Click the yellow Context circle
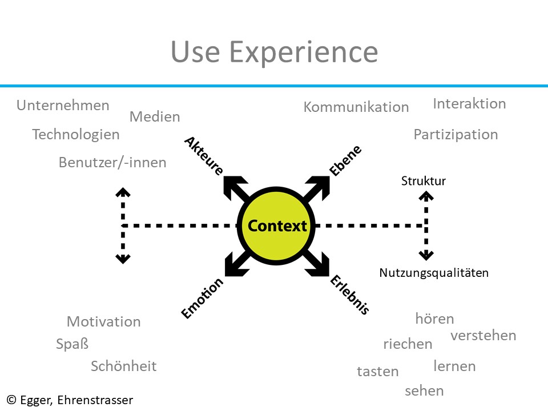coord(276,226)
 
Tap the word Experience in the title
coord(304,52)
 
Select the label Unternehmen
coord(63,105)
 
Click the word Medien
coord(155,116)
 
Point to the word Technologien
coord(76,135)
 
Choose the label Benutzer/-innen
coord(112,163)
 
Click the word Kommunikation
coord(356,107)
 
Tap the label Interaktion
coord(469,103)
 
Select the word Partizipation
coord(456,135)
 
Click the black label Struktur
coord(423,181)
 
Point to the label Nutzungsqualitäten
coord(434,273)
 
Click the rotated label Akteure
coord(204,155)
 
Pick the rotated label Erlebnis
coord(350,295)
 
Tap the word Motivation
coord(104,321)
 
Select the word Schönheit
coord(124,366)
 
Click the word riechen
coord(408,344)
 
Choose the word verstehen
coord(483,336)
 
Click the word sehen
coord(424,390)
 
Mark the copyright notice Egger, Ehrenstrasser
coord(70,400)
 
